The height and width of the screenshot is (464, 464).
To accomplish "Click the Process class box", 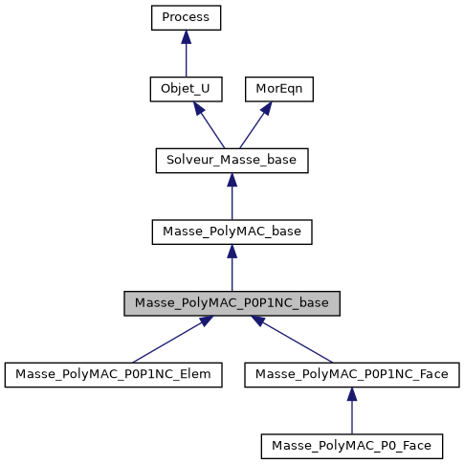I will (x=186, y=18).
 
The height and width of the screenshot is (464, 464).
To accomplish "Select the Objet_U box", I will (x=186, y=89).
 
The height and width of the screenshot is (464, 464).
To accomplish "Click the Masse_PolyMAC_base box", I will (x=232, y=232).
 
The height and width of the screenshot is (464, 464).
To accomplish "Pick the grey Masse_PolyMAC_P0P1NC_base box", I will (x=232, y=302).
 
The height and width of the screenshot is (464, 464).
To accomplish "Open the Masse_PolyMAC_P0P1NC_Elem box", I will (x=114, y=374).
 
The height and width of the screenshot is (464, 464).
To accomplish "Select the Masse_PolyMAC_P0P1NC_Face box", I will (x=350, y=374).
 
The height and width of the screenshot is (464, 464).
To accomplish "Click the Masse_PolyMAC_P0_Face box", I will (x=350, y=445).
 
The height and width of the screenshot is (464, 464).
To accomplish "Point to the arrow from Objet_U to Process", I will (x=186, y=57).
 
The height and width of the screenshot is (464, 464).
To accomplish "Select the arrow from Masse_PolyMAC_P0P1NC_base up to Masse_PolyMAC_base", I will (x=232, y=270).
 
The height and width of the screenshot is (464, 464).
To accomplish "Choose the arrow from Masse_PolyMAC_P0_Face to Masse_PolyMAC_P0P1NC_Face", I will (x=350, y=412).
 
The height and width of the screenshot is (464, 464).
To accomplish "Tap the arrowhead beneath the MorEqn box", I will (x=267, y=108).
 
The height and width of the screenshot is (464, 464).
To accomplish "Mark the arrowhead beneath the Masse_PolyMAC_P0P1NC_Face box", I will (x=350, y=394).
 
